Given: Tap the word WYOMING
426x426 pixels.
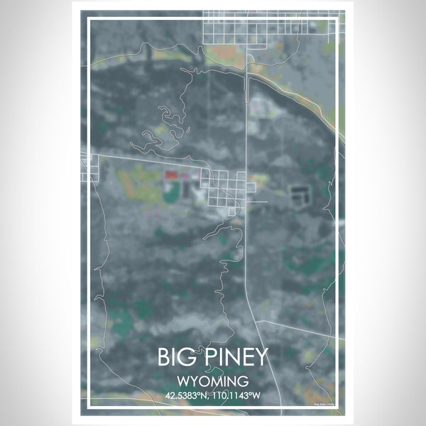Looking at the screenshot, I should (213, 380).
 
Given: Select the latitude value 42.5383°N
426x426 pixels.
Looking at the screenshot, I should (187, 395).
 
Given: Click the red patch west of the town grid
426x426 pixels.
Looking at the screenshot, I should (171, 173).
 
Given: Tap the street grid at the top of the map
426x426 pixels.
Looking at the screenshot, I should (270, 27).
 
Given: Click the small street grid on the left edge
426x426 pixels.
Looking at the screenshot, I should (89, 168).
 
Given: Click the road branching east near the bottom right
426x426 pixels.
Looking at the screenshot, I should (291, 327).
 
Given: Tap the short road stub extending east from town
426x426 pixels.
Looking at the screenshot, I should (258, 202).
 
